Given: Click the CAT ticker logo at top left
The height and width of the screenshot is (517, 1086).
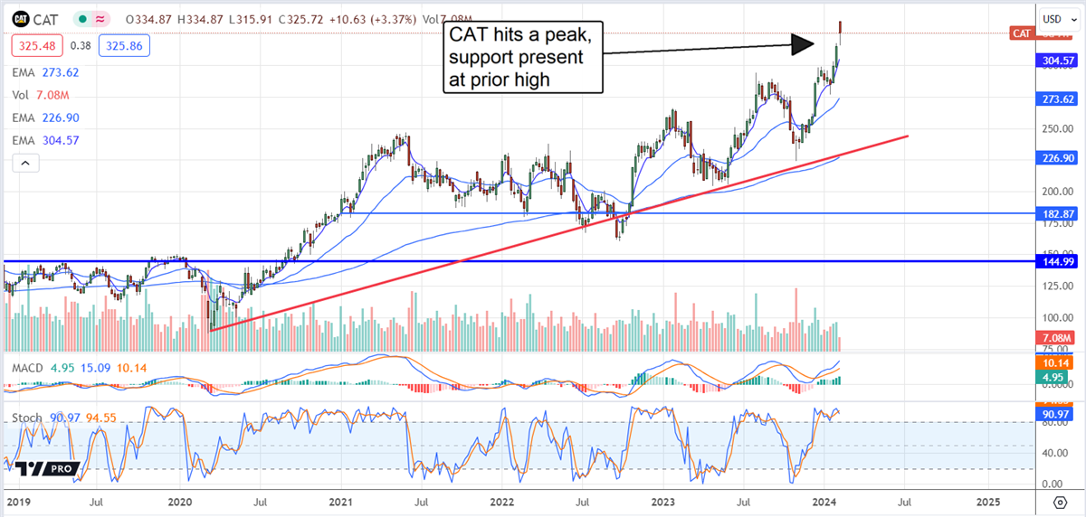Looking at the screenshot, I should [20, 19].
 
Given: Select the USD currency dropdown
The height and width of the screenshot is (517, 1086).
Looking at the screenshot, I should [1055, 18].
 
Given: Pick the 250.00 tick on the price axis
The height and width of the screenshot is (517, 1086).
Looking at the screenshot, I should [1050, 128].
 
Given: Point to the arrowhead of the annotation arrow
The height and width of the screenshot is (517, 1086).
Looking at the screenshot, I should [811, 42].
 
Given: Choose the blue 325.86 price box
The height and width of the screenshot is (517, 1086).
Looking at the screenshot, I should [99, 44].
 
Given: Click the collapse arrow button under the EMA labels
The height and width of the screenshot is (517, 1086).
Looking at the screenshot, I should [24, 163].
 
